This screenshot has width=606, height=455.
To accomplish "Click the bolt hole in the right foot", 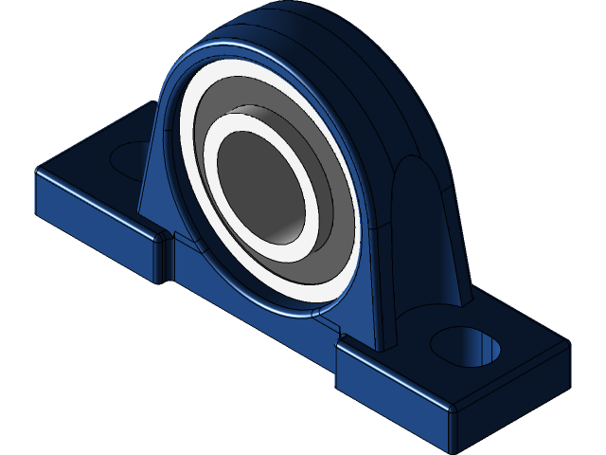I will pos(466,346).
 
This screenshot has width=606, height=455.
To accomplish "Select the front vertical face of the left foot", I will pos(95,227).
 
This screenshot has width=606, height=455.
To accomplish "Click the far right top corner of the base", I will pos(568,344).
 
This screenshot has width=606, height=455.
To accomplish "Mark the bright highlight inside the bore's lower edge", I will pos(284,230).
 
